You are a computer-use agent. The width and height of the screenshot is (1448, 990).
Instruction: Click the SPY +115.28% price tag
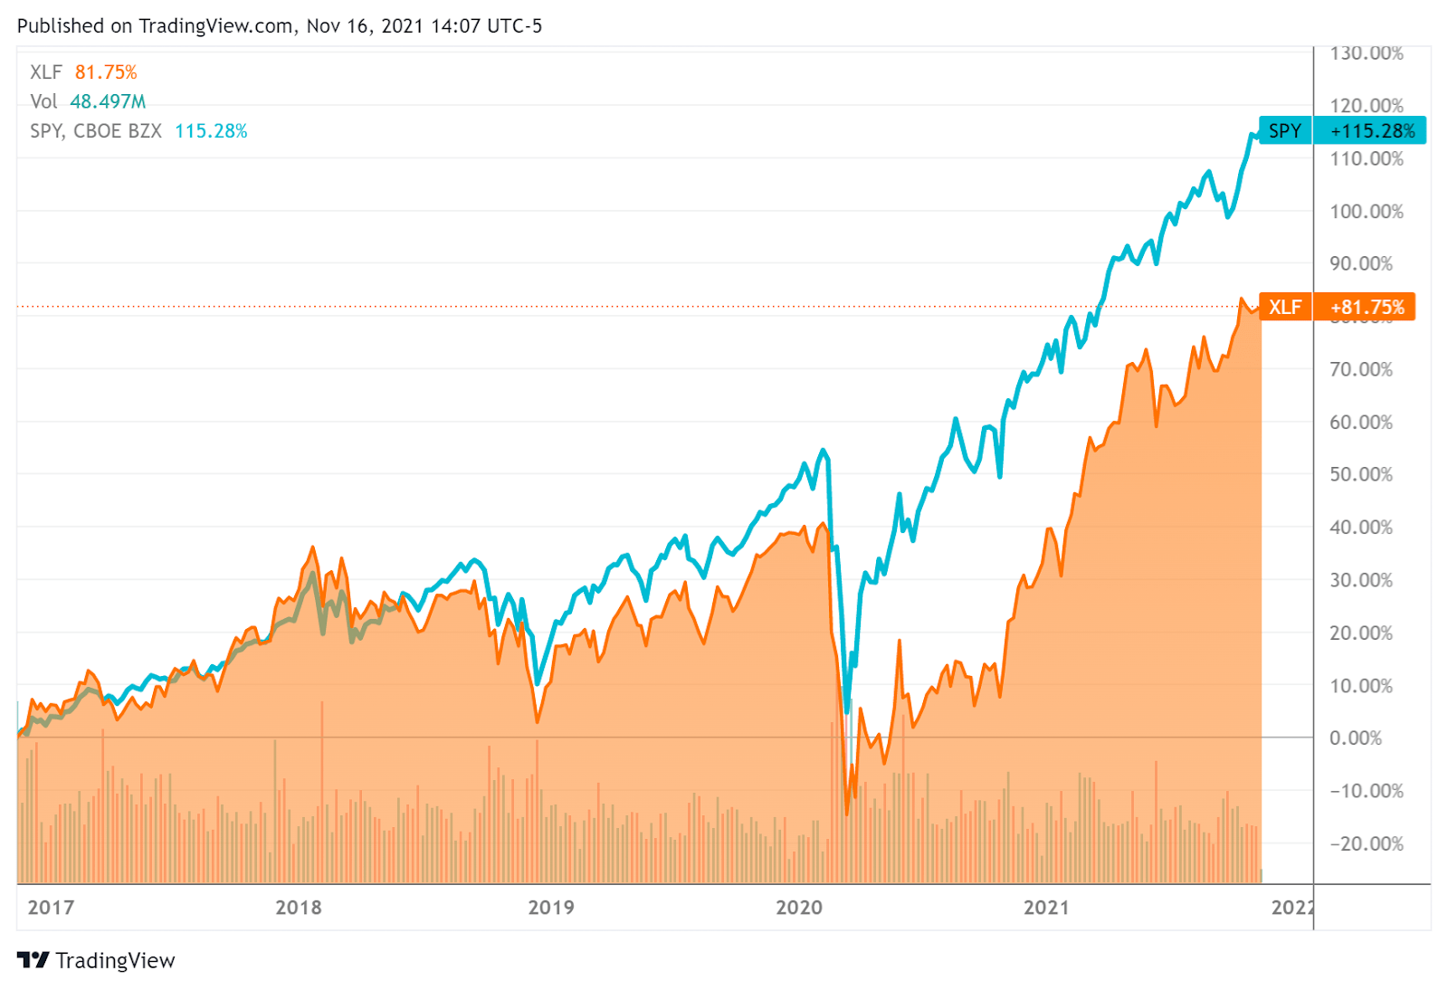point(1342,130)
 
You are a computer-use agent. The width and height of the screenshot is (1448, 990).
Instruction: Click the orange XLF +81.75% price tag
point(1337,307)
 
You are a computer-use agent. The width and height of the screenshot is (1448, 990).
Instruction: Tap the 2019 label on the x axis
point(550,908)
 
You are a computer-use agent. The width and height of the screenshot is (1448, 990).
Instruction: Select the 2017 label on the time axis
point(51,908)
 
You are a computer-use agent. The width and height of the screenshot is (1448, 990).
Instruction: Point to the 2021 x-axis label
point(1046,908)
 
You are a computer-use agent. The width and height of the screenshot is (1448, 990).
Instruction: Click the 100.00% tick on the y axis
point(1366,212)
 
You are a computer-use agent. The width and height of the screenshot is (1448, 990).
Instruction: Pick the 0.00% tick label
point(1355,738)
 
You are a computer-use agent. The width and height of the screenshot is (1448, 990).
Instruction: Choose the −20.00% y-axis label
point(1366,844)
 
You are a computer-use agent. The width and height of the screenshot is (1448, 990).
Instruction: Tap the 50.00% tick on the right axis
point(1360,475)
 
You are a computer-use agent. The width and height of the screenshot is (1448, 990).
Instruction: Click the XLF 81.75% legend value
point(106,72)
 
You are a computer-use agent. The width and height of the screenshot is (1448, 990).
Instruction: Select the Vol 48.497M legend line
point(88,101)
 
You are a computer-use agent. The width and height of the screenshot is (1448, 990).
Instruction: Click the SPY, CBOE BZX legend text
point(96,131)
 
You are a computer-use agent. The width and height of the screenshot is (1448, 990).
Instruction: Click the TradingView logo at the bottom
point(96,960)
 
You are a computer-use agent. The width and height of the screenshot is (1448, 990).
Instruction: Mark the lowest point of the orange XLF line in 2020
point(847,814)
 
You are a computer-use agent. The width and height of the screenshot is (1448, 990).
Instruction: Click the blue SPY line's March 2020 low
point(846,711)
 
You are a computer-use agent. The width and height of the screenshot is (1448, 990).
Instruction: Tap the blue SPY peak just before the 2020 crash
point(823,450)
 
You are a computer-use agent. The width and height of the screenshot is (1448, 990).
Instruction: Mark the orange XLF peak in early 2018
point(313,547)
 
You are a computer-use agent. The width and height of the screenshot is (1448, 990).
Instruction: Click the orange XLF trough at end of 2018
point(538,721)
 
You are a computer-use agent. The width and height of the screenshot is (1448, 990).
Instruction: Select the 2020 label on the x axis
point(799,908)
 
